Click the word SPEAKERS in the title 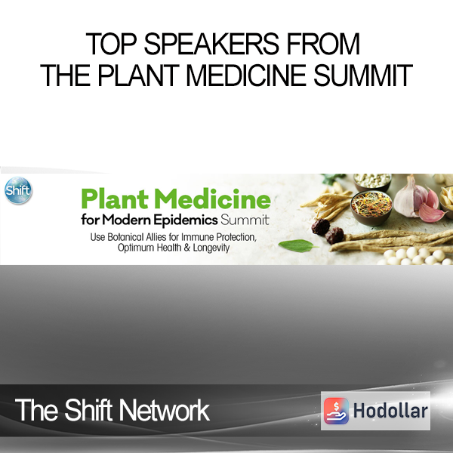point(211,44)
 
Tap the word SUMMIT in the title point(363,75)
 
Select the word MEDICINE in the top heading point(246,75)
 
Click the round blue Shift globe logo point(18,190)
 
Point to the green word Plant point(115,199)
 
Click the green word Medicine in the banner point(213,199)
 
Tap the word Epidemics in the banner point(186,220)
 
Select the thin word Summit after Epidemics point(245,220)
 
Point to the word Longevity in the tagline point(211,248)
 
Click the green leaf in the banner point(297,246)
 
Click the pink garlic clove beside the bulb point(431,213)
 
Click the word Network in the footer point(164,410)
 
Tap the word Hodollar point(390,411)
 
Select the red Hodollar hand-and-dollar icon point(336,411)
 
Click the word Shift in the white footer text point(88,410)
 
